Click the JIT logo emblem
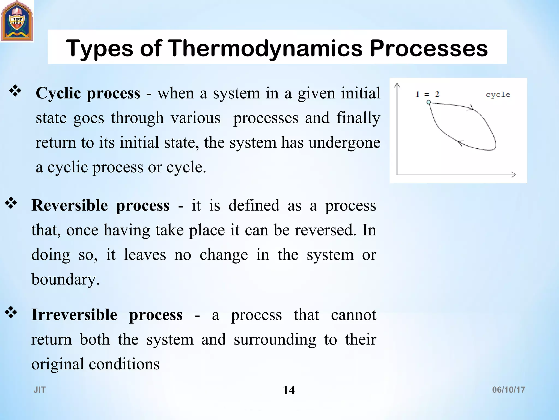[x=17, y=21]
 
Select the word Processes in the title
[x=429, y=48]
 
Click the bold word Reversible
[x=70, y=205]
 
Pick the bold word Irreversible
[x=74, y=315]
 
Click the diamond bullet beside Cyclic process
[x=15, y=91]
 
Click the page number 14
[x=289, y=390]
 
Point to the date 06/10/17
[x=509, y=390]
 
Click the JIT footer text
[x=40, y=390]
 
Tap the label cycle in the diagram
[x=498, y=95]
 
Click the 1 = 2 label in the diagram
[x=427, y=94]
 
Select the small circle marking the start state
[x=429, y=102]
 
